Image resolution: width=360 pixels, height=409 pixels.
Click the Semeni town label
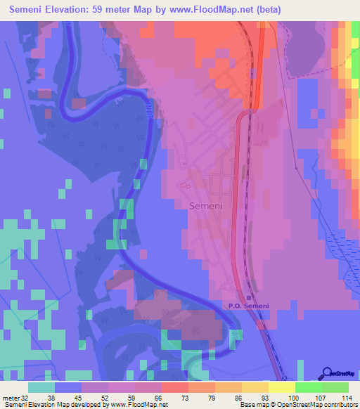pos(205,206)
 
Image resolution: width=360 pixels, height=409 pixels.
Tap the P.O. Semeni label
pos(250,306)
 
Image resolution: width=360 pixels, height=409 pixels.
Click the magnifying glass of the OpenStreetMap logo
pos(328,372)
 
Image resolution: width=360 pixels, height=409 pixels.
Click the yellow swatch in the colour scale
pos(282,387)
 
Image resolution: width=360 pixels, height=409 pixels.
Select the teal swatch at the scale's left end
pos(41,387)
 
